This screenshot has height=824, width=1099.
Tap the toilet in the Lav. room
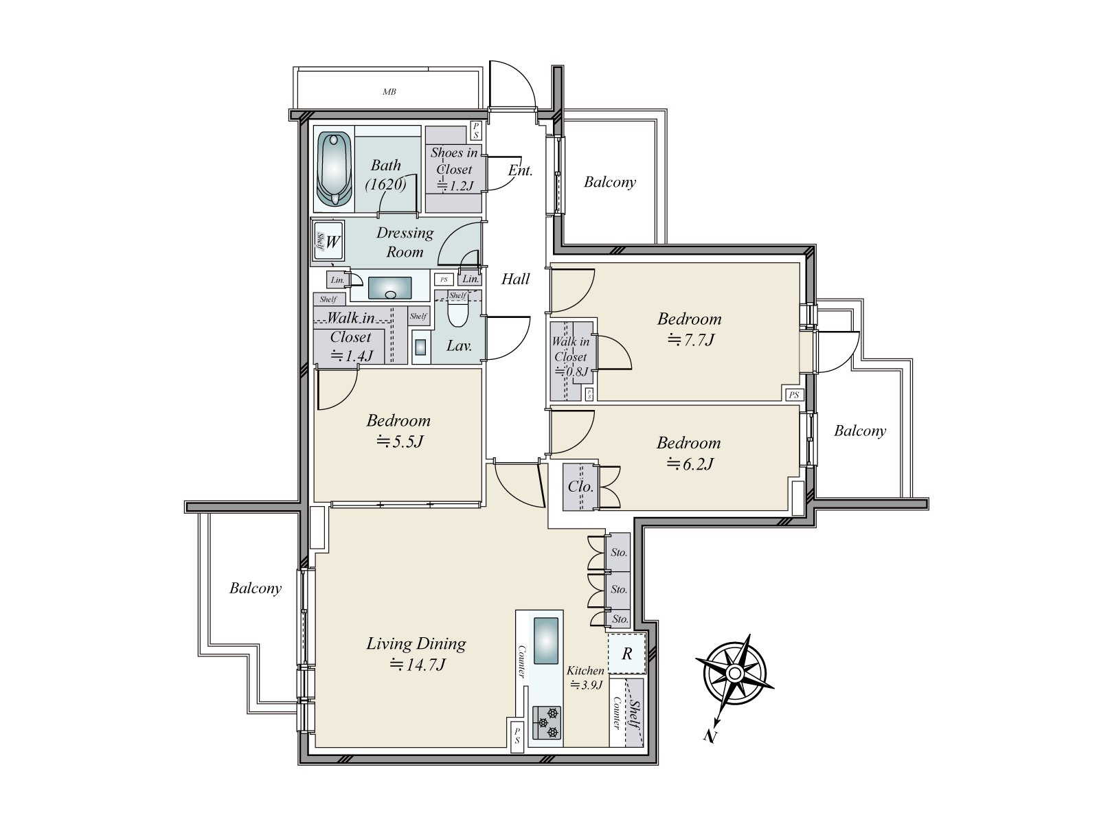click(457, 315)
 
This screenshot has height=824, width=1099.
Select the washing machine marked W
click(329, 241)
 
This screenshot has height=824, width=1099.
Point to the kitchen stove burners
click(547, 722)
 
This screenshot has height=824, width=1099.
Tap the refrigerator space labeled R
click(626, 654)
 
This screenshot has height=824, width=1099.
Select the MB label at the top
click(389, 91)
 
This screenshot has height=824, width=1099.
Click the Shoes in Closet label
click(453, 161)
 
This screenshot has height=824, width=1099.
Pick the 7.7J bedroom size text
click(690, 339)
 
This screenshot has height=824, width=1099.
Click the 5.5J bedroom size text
click(398, 441)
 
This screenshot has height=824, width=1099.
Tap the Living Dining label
click(416, 643)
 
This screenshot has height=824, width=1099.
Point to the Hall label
click(515, 278)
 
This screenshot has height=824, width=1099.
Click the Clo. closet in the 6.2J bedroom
click(580, 487)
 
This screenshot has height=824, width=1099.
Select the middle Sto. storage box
click(619, 589)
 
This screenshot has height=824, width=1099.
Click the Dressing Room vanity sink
click(390, 288)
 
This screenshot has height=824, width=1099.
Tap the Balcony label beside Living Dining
click(256, 588)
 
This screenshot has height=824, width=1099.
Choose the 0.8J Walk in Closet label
click(571, 357)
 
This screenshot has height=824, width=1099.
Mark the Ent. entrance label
click(520, 170)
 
